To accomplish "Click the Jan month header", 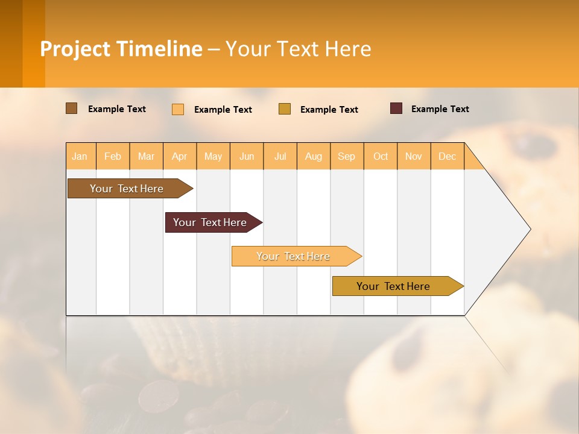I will point(80,156).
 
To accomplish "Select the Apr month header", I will point(180,156).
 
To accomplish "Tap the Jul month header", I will point(280,156).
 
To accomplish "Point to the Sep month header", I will point(347,156).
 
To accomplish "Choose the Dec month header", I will point(447,156).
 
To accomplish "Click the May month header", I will point(213,156).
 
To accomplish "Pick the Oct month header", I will point(381,156).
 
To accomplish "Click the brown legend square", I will point(71,108).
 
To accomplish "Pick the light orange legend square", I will point(178,109).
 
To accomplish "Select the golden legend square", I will point(285,109).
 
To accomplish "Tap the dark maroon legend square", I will point(396,108).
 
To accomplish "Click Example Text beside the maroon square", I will point(440,109).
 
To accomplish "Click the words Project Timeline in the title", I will point(121,49).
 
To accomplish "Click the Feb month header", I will point(113,156).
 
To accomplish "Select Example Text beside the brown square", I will point(117,109).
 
